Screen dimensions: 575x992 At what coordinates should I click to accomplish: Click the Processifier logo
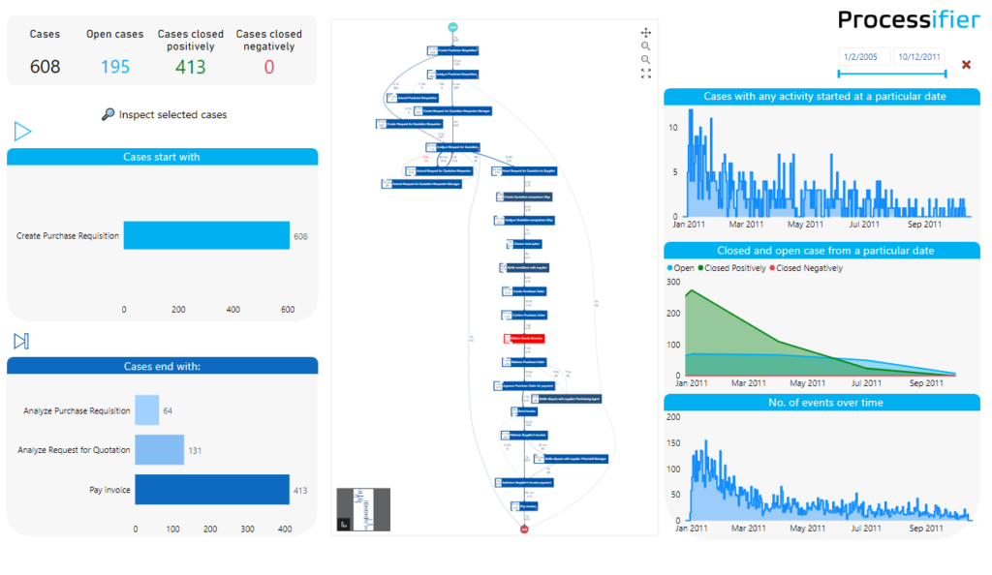(908, 19)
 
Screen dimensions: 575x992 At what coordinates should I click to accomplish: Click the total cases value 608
(45, 66)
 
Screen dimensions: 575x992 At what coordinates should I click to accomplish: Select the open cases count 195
(114, 66)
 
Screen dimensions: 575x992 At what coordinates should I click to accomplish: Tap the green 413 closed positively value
(191, 66)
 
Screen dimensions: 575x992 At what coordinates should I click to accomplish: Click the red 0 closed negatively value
(268, 66)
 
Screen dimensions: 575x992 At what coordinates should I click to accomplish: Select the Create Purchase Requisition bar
(206, 235)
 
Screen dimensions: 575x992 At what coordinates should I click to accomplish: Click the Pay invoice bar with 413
(212, 490)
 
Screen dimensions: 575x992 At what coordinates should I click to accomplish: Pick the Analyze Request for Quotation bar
(159, 450)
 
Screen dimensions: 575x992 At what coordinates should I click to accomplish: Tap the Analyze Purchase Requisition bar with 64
(146, 410)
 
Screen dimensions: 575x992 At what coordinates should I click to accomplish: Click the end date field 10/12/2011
(918, 57)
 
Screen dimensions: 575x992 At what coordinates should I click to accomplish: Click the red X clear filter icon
(966, 65)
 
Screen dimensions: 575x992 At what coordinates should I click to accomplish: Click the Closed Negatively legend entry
(806, 268)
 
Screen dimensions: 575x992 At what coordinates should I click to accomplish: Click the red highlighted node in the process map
(519, 339)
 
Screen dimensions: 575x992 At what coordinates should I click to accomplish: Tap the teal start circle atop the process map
(452, 26)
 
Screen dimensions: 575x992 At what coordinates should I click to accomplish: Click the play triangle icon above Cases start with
(22, 131)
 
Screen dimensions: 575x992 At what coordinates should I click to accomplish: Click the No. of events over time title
(824, 402)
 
